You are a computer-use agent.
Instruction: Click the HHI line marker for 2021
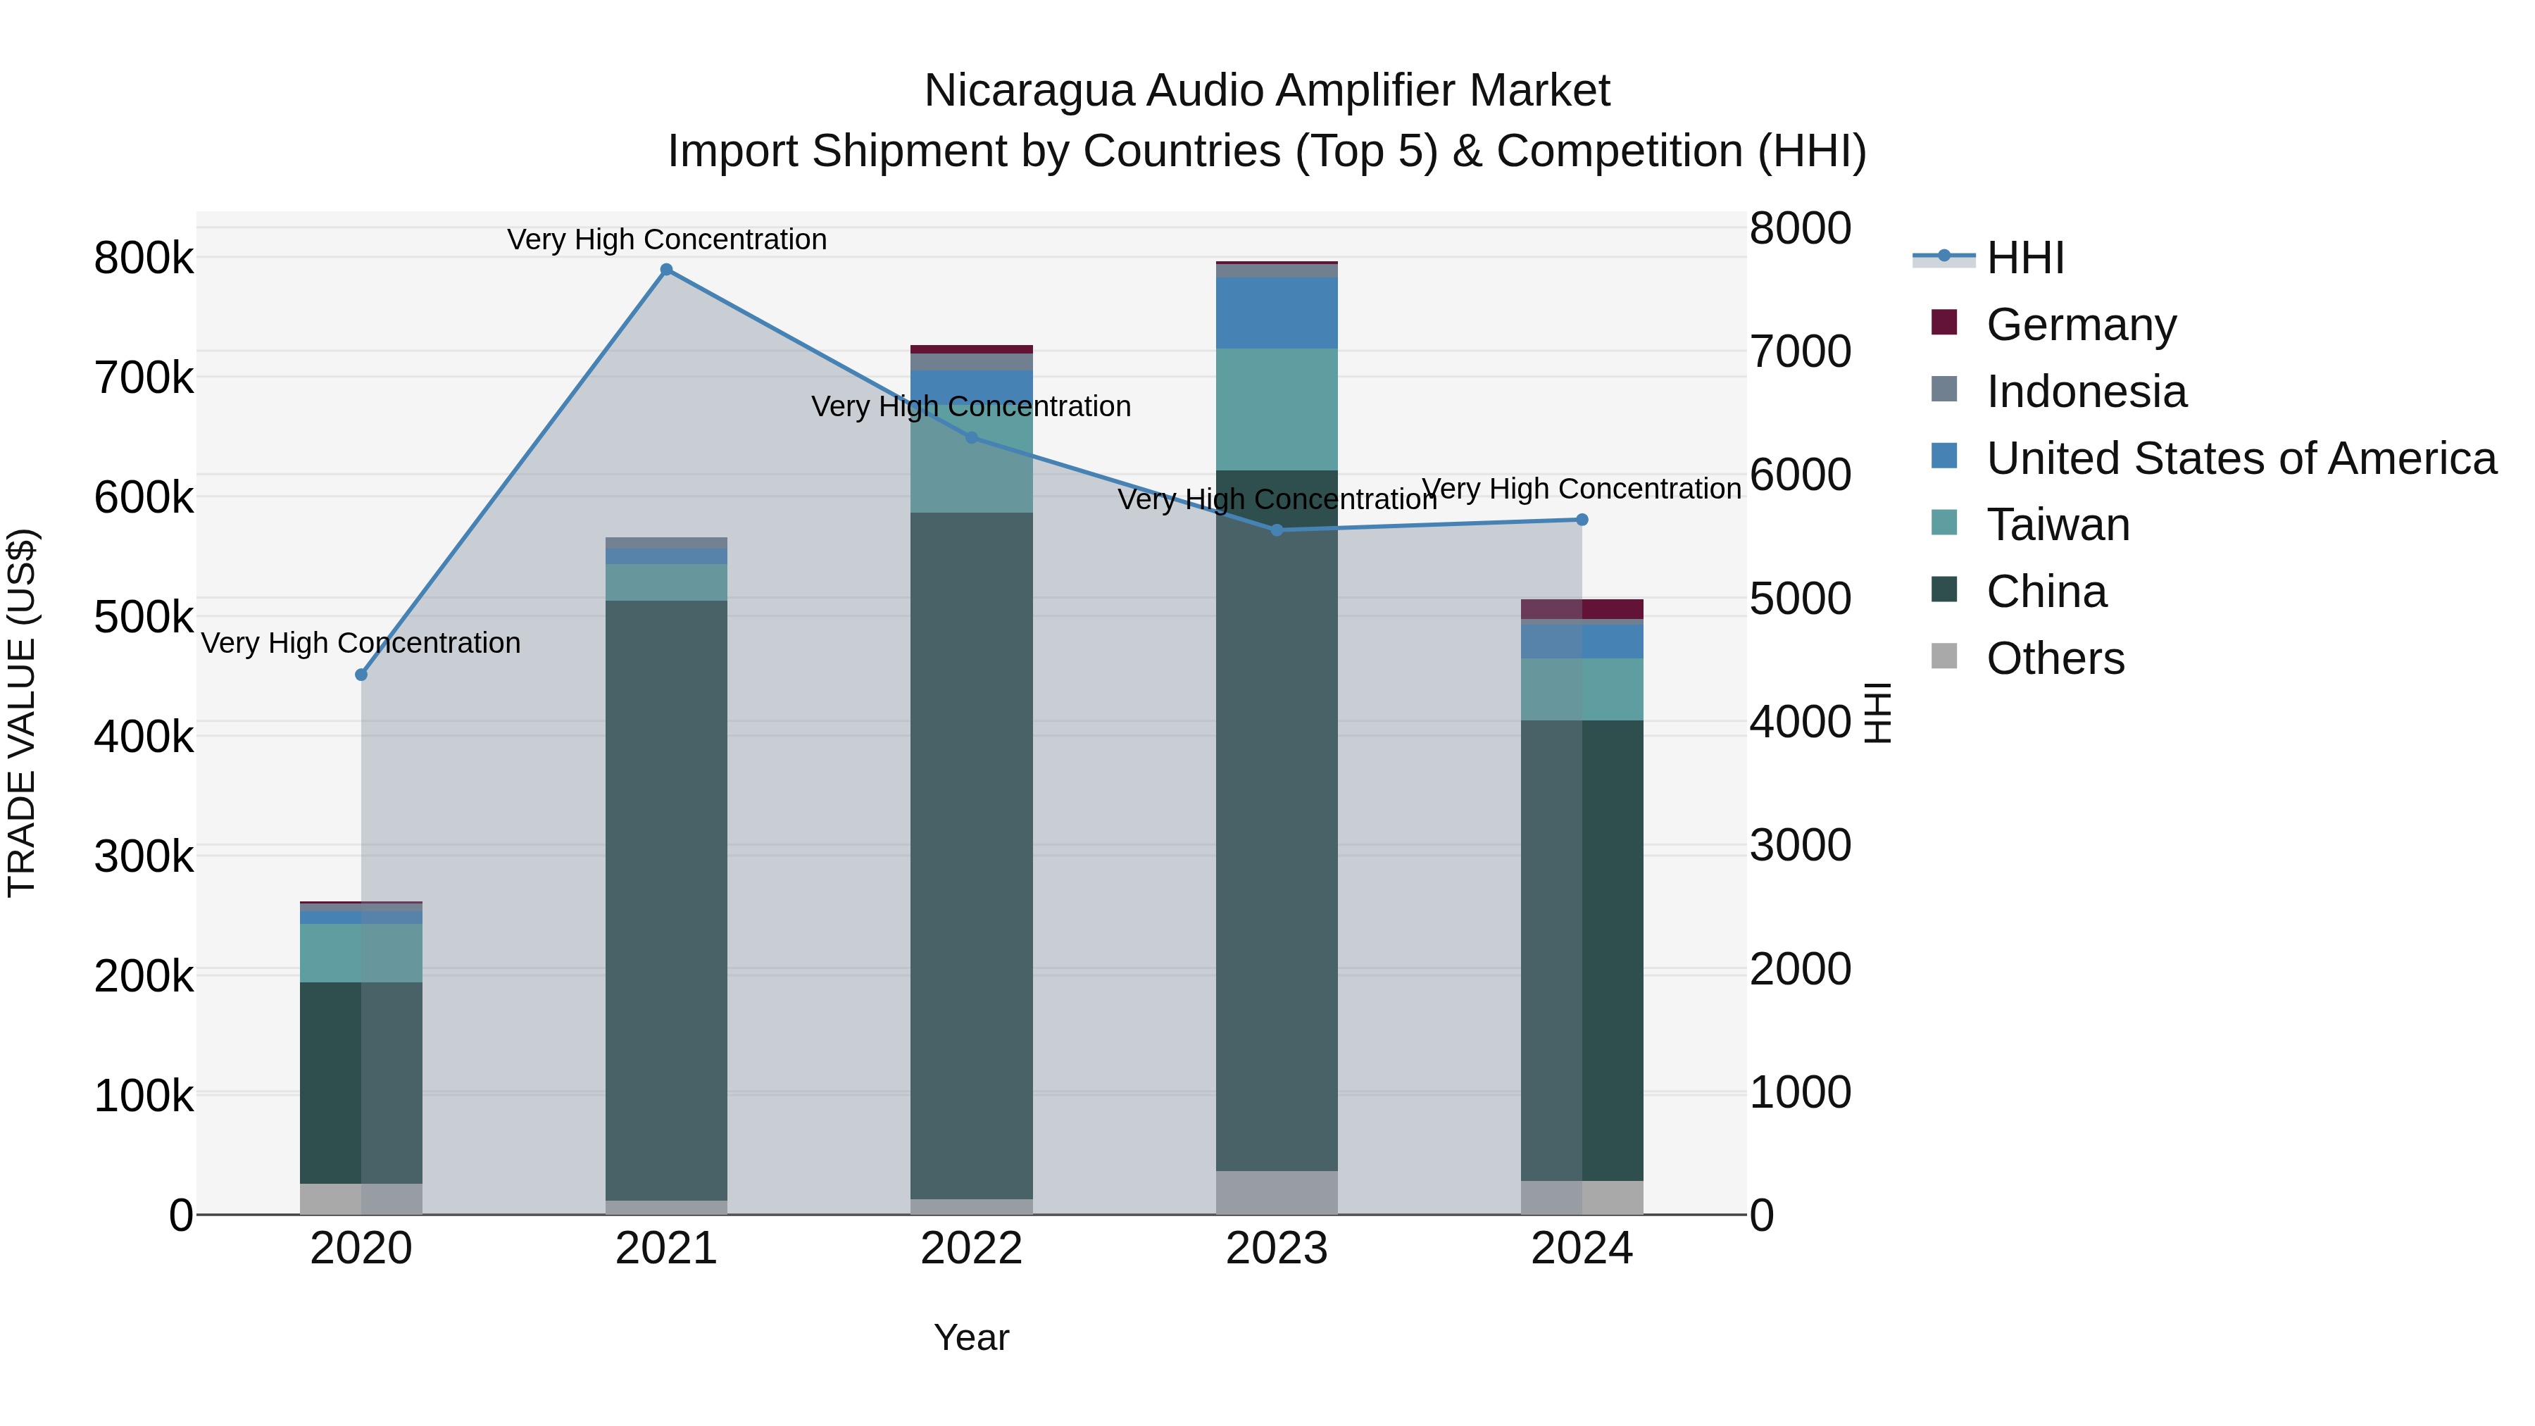click(666, 270)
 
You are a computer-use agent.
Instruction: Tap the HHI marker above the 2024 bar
click(1582, 520)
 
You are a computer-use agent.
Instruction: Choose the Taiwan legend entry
click(2057, 525)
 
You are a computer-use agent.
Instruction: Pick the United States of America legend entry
click(2240, 458)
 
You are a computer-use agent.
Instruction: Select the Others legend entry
click(2055, 658)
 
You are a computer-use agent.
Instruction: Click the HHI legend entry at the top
click(2024, 258)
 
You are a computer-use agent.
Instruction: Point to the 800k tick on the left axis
click(144, 259)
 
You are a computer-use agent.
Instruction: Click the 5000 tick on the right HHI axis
click(1800, 599)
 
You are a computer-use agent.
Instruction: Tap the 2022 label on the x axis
click(971, 1249)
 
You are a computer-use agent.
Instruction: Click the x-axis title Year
click(971, 1337)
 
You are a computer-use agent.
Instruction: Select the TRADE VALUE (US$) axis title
click(22, 713)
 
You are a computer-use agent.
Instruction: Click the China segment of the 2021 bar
click(666, 886)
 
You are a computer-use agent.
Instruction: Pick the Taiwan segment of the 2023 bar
click(1277, 408)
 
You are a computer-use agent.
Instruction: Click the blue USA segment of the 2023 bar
click(1277, 313)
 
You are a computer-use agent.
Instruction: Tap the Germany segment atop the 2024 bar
click(1612, 608)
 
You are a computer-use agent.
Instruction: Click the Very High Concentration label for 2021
click(666, 239)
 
